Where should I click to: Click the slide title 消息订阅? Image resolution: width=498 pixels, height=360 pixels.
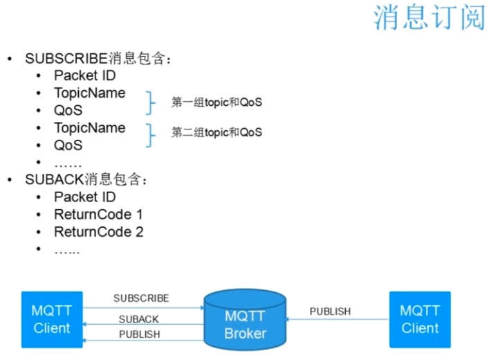point(430,19)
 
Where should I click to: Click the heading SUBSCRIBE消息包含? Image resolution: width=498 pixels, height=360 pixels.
point(97,58)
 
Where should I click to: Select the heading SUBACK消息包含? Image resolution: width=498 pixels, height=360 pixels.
point(86,180)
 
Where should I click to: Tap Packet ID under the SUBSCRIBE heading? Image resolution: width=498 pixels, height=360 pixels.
point(84,75)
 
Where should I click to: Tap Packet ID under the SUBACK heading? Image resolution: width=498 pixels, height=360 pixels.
point(84,197)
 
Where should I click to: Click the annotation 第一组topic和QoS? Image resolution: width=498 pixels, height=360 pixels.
point(216,102)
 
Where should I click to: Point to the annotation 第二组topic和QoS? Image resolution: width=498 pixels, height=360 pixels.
point(216,132)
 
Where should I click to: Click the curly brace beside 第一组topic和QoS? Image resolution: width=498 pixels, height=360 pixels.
point(149,102)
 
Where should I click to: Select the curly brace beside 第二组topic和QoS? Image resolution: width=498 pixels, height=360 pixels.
point(149,135)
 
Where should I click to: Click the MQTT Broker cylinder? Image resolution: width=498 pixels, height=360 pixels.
point(245,319)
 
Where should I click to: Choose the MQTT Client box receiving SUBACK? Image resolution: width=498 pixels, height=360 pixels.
point(51,319)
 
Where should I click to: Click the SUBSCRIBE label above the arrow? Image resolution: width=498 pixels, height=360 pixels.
point(140,298)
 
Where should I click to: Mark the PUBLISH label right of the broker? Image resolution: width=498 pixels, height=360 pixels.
point(330,312)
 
